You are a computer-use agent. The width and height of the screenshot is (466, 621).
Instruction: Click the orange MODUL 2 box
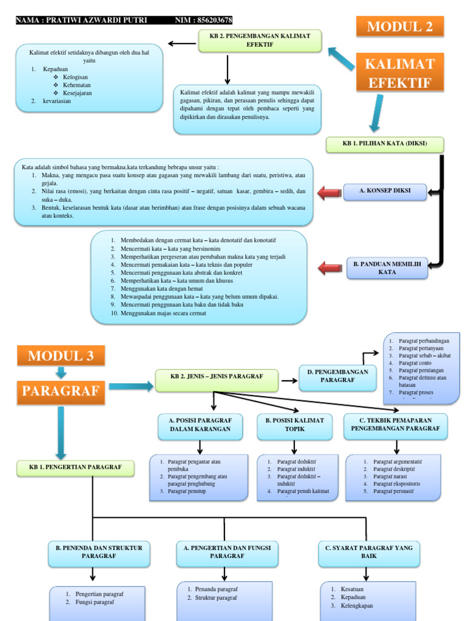(399, 27)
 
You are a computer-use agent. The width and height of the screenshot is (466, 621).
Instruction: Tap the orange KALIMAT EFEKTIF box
(399, 73)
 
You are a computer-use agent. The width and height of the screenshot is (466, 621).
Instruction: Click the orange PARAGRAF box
(60, 391)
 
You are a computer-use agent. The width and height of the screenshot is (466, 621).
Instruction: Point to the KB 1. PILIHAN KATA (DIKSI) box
(385, 145)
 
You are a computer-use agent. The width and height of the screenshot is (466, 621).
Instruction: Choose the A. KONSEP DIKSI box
(385, 191)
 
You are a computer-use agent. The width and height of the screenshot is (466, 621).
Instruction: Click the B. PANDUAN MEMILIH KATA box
(387, 267)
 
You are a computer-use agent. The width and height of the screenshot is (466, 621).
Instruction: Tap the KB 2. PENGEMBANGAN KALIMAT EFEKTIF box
(260, 40)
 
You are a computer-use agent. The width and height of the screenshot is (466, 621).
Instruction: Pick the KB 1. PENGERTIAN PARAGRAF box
(76, 467)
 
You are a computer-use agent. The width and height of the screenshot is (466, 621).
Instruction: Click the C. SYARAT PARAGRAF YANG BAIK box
(368, 552)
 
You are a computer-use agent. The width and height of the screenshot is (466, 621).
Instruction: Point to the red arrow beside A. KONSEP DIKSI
(329, 193)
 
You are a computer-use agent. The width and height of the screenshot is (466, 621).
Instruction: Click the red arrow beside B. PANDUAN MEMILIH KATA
(331, 267)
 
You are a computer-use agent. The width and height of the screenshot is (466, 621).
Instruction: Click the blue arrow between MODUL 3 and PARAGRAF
(61, 372)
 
